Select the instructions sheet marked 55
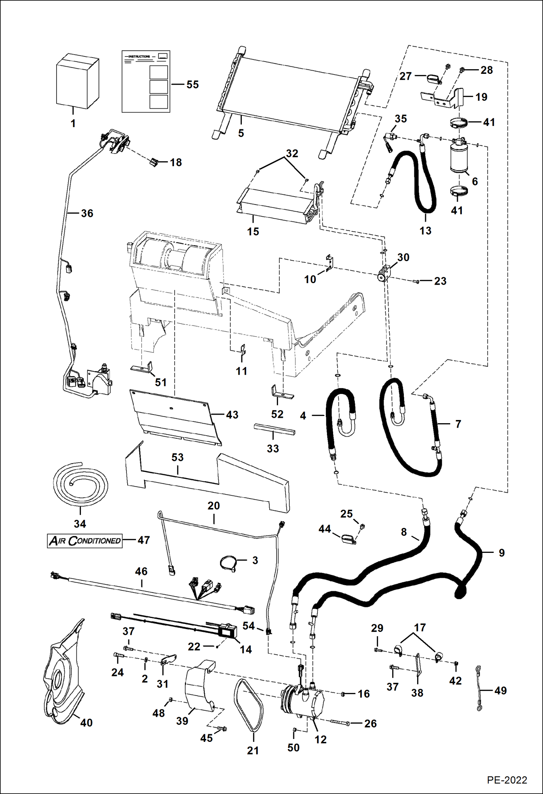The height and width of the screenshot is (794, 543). [x=145, y=81]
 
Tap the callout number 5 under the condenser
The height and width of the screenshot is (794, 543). [x=241, y=133]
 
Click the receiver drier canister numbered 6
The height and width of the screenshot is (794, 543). [x=459, y=158]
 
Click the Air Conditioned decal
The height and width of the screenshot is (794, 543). [x=85, y=541]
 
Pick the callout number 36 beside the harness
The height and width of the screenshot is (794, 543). [x=87, y=213]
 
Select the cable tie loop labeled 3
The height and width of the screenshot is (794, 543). [x=229, y=563]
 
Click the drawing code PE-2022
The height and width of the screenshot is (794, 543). [x=507, y=780]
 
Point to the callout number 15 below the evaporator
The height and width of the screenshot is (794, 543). [x=253, y=231]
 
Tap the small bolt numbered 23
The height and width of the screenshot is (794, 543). [x=416, y=281]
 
